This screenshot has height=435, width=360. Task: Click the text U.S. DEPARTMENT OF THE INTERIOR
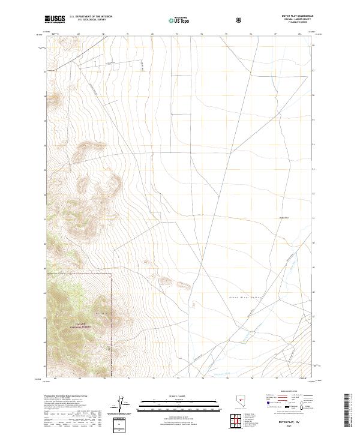(x=91, y=17)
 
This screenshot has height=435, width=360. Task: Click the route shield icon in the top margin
(x=240, y=20)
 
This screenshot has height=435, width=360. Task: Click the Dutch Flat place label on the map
(x=284, y=218)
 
